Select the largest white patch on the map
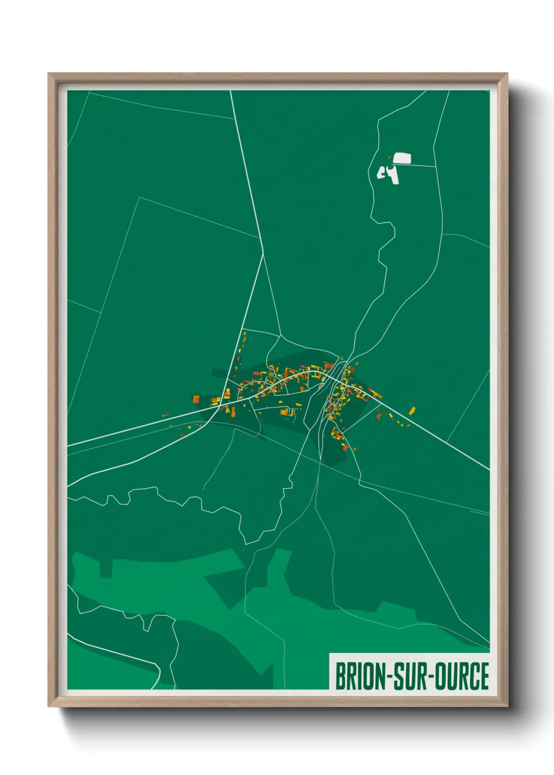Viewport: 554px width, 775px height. (x=402, y=158)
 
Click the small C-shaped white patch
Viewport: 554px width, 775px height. (x=381, y=172)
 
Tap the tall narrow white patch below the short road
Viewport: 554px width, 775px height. (x=393, y=175)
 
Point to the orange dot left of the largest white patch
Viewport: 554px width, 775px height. (x=389, y=157)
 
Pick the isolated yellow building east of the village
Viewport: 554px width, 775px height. (x=412, y=410)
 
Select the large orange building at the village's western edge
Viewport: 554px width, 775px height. (x=196, y=399)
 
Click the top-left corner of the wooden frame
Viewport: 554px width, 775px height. (x=49, y=74)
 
